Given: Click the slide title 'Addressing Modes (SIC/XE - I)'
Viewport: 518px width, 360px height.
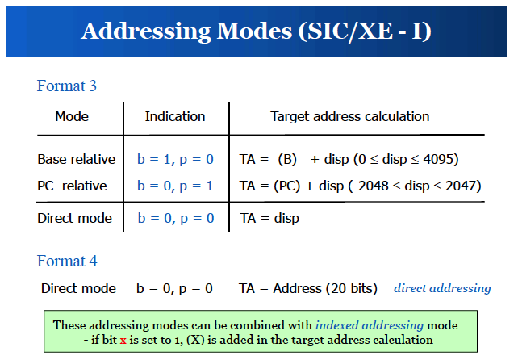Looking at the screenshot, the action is pos(256,31).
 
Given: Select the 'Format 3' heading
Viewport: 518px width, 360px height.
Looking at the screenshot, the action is pos(66,86).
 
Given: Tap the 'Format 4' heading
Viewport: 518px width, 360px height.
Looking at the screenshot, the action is pos(67,262).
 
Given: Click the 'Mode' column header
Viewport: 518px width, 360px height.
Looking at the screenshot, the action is pos(72,116).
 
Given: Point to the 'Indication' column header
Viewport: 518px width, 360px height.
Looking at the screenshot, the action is pos(175,116).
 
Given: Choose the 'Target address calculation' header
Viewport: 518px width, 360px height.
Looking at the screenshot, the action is pos(350,116).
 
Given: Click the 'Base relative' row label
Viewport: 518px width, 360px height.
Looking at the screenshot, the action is pos(77,159).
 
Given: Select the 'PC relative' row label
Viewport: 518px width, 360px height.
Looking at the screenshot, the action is pos(72,186).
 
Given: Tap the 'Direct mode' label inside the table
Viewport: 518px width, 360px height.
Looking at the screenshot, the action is pos(74,218).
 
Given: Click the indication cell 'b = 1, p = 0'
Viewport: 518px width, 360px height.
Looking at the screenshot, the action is pos(175,159).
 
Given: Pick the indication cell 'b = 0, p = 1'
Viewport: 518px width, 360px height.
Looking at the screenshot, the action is pos(175,186).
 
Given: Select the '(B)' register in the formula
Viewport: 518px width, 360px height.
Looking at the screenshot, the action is pos(287,160).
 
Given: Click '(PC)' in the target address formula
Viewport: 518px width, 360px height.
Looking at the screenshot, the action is pos(286,186).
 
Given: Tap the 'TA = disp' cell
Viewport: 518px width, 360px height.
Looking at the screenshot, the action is pos(269,219).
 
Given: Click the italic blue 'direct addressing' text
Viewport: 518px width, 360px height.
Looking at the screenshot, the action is pos(442,288).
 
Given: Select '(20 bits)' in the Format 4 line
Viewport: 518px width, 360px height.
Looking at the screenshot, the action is pos(352,289).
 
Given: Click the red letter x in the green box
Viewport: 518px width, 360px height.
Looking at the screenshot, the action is pos(123,341).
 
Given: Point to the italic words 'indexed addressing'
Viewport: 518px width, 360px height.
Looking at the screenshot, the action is pos(370,325).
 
